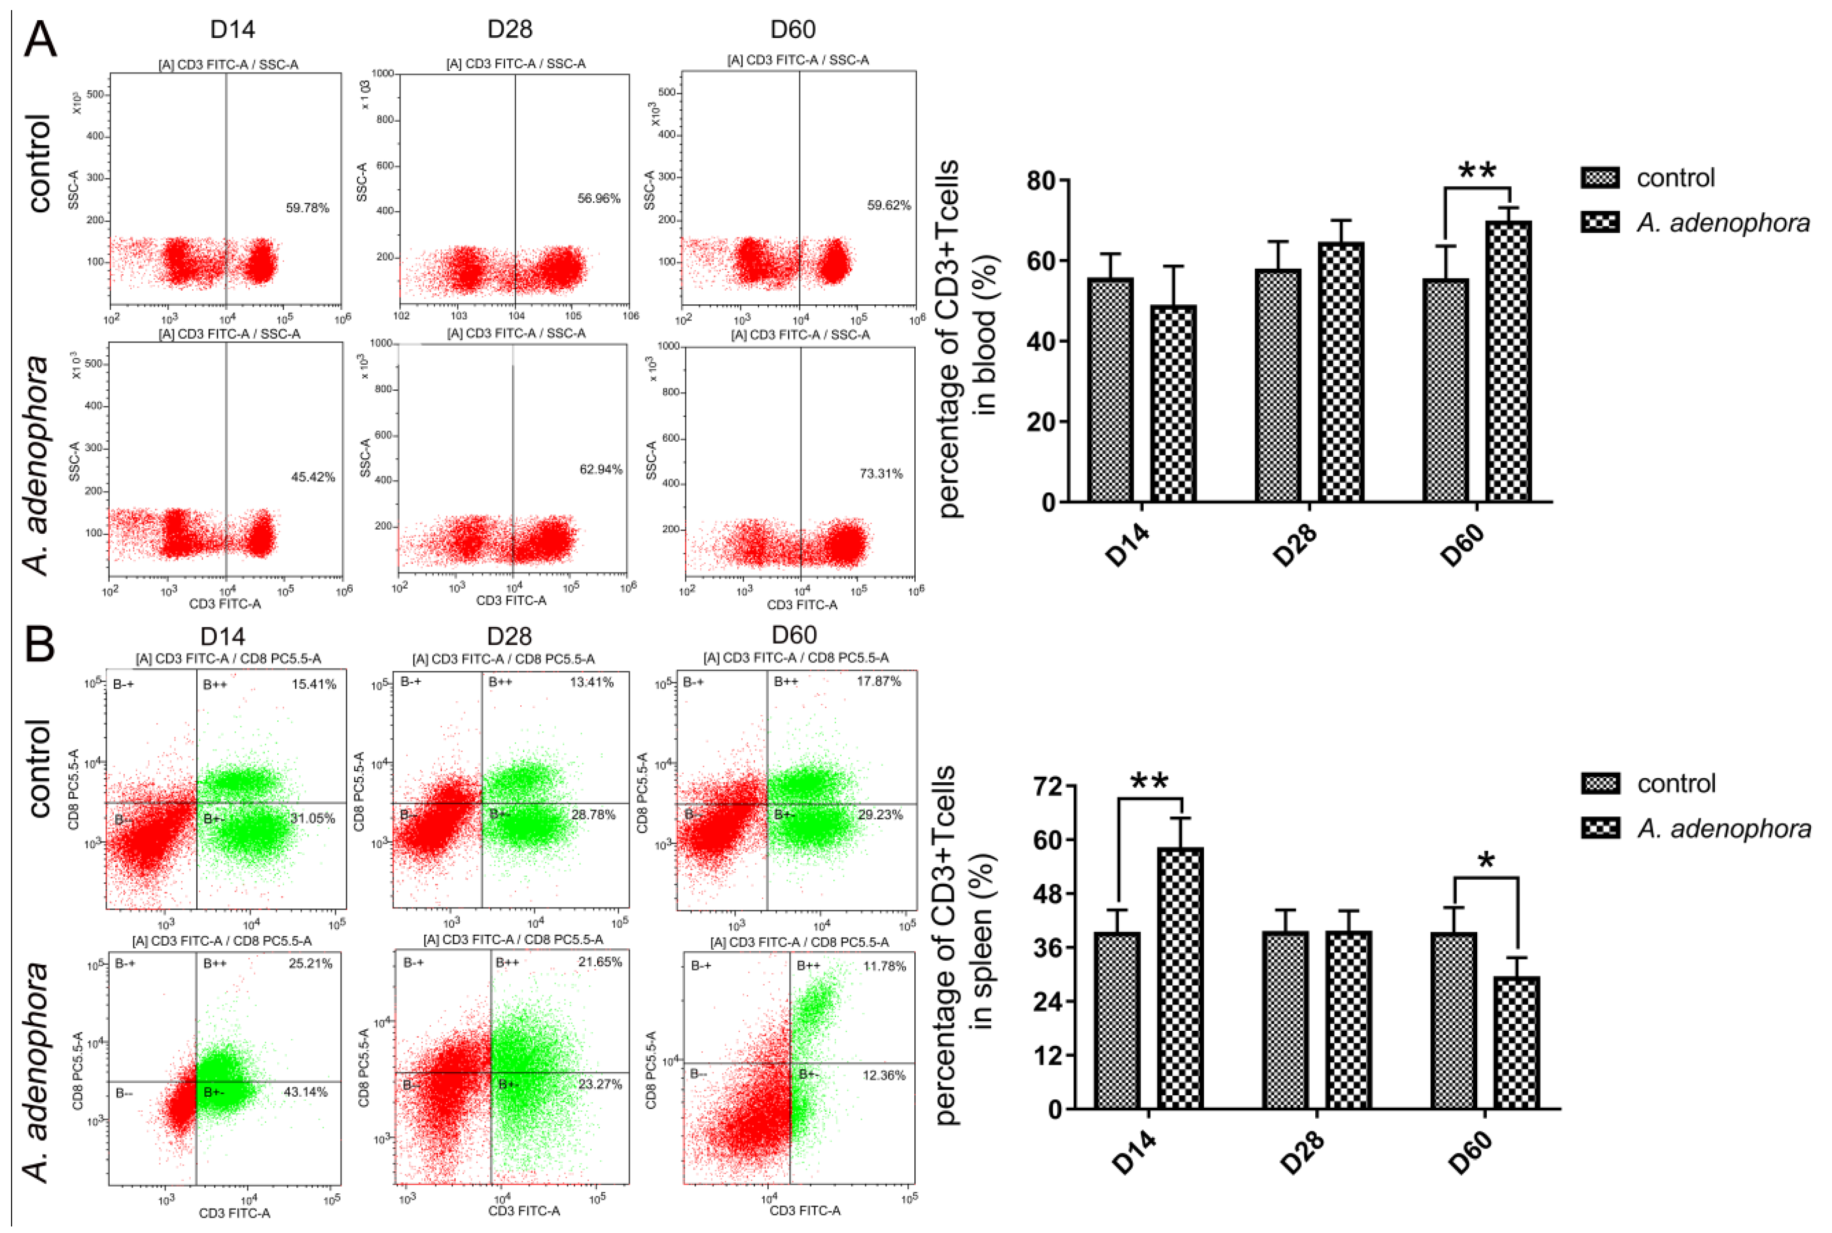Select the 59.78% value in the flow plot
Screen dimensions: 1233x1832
pos(306,208)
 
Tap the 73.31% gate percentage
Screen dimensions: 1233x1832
pos(881,473)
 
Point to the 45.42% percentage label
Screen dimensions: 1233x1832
pos(313,476)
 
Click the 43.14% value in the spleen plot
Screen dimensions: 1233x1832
pos(305,1092)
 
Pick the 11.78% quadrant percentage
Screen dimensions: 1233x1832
pos(884,966)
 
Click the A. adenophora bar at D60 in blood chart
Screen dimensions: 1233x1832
pos(1508,362)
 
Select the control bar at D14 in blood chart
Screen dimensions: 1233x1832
pos(1110,390)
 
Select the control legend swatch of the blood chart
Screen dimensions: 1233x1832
pos(1599,178)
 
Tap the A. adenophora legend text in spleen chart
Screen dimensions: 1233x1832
pos(1723,828)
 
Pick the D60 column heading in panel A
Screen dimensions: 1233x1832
pos(792,29)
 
